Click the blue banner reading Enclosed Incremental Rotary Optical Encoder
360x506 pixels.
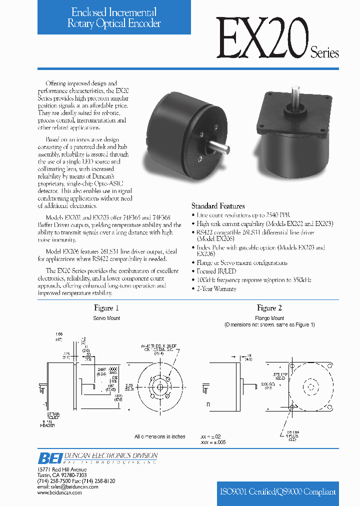[114, 17]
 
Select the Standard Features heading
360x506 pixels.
[218, 206]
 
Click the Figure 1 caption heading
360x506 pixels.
[106, 308]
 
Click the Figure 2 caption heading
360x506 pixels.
[269, 308]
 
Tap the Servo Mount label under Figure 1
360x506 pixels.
[106, 318]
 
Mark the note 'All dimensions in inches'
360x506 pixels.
[159, 436]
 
